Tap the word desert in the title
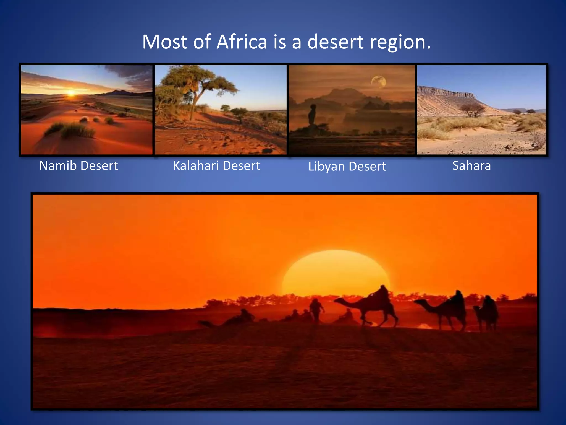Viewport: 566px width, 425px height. [336, 42]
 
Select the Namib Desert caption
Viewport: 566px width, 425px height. [78, 166]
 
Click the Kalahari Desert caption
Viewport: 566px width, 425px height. [216, 166]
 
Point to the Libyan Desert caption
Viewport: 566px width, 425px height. [347, 167]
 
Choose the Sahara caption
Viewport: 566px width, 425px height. [471, 166]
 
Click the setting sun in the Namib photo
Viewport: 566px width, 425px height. [71, 93]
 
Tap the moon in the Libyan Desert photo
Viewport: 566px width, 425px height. [379, 82]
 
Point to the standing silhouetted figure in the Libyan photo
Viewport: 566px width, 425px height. [312, 115]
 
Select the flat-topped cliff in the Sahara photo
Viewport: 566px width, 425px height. [448, 94]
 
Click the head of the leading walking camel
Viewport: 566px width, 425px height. [338, 300]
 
